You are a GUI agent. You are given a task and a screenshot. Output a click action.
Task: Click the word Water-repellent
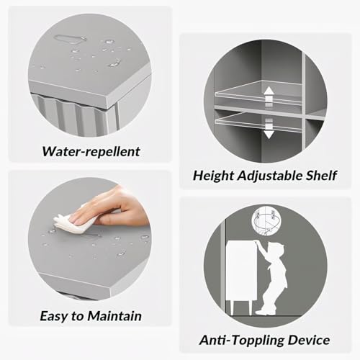pos(91,152)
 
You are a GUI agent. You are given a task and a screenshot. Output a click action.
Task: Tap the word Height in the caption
pos(214,176)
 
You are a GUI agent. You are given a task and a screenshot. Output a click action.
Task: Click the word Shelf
pos(321,176)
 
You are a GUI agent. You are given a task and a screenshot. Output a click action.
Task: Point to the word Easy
pos(54,316)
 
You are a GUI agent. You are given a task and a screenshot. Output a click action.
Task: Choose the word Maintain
pos(114,316)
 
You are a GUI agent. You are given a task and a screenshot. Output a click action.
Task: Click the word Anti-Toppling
pos(242,341)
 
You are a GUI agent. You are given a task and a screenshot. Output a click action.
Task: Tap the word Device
pos(309,340)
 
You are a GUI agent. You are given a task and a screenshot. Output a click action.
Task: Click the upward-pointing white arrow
pos(269,96)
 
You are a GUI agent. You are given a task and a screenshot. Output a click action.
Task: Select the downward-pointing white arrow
pos(269,129)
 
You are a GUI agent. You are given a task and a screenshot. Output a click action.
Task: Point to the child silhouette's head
pos(276,250)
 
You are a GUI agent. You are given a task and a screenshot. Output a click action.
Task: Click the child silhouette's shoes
pos(266,311)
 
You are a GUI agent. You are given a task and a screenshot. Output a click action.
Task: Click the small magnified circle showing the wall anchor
pos(266,220)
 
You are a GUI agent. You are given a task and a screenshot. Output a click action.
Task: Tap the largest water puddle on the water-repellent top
pos(69,39)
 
